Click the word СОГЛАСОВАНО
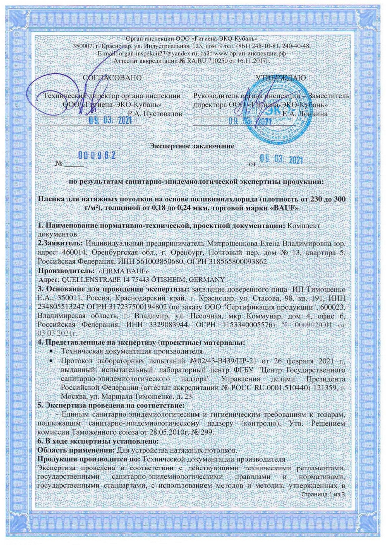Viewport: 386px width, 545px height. [x=112, y=78]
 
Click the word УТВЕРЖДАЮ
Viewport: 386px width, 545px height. [x=281, y=78]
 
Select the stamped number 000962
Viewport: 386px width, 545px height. [x=96, y=155]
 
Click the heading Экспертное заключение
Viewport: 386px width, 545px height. [x=192, y=146]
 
